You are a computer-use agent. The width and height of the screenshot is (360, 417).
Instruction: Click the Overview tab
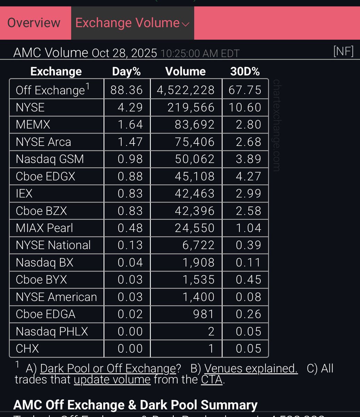[x=34, y=23]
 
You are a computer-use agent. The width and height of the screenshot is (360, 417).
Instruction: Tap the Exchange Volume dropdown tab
[x=132, y=23]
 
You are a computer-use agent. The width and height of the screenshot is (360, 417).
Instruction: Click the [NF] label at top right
[x=343, y=51]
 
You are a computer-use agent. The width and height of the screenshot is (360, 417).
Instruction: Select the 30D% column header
[x=245, y=71]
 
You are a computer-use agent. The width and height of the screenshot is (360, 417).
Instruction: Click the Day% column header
[x=126, y=71]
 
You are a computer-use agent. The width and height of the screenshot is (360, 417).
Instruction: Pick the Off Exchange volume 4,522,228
[x=186, y=90]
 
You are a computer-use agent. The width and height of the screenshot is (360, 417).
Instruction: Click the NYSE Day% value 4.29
[x=130, y=107]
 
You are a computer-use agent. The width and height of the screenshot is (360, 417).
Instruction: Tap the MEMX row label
[x=33, y=124]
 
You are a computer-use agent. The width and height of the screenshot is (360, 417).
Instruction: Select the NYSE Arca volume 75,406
[x=195, y=142]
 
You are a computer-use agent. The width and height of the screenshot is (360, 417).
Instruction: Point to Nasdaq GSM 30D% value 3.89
[x=248, y=159]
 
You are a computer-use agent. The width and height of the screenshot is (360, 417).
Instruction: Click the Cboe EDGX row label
[x=46, y=177]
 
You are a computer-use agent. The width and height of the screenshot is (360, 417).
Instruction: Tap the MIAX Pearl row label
[x=44, y=228]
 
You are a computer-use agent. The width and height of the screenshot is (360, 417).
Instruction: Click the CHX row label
[x=27, y=349]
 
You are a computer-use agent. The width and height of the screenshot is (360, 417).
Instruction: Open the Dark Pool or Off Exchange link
[x=108, y=368]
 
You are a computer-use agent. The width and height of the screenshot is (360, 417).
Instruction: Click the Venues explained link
[x=251, y=368]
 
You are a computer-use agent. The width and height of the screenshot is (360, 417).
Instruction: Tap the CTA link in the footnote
[x=212, y=379]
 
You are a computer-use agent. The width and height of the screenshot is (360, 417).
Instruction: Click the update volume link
[x=112, y=379]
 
